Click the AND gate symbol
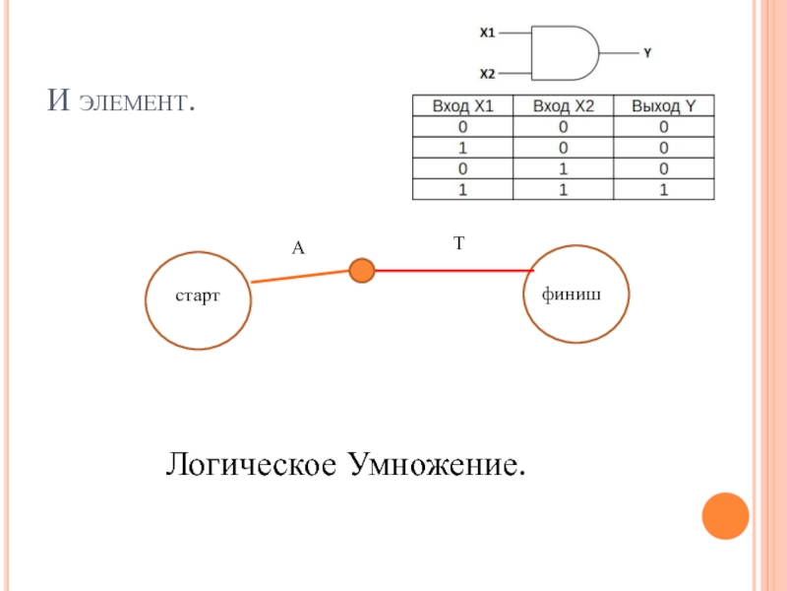pyautogui.click(x=564, y=52)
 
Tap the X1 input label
pyautogui.click(x=487, y=33)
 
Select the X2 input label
pyautogui.click(x=487, y=74)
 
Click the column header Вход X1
pyautogui.click(x=460, y=106)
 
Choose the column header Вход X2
pyautogui.click(x=564, y=106)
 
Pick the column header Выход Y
pyautogui.click(x=664, y=106)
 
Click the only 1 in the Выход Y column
pyautogui.click(x=664, y=189)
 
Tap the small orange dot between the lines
pyautogui.click(x=363, y=270)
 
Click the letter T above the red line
pyautogui.click(x=458, y=242)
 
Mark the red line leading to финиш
pyautogui.click(x=453, y=270)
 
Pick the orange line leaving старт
pyautogui.click(x=300, y=276)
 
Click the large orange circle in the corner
pyautogui.click(x=725, y=515)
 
